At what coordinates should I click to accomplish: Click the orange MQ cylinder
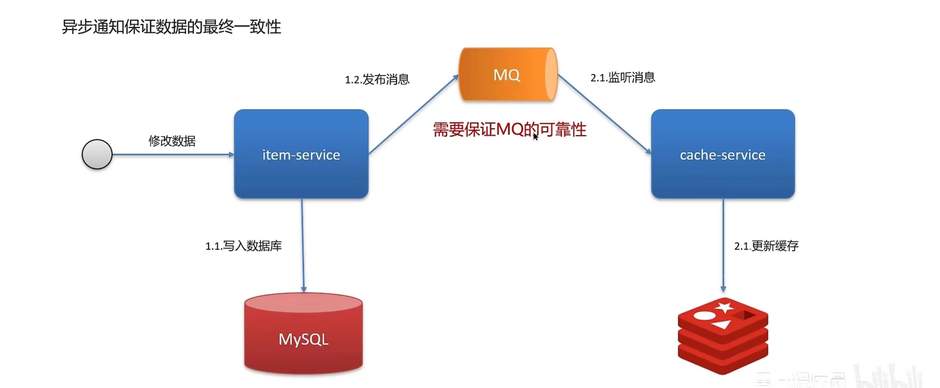pos(508,75)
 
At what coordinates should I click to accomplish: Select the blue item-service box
pos(301,154)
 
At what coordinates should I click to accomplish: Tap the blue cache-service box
pos(723,154)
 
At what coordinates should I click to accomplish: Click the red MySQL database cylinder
pos(303,334)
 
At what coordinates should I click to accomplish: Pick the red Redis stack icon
pos(723,336)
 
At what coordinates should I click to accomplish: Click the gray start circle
pos(97,154)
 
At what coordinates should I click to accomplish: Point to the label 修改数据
pos(172,141)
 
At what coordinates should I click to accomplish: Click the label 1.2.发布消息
pos(377,79)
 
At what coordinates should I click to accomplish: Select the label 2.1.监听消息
pos(623,77)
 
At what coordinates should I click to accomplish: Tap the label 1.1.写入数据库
pos(243,246)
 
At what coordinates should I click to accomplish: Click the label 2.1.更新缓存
pos(766,246)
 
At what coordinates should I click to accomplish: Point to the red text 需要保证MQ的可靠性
pos(510,130)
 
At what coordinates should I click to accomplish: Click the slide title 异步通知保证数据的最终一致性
pos(171,27)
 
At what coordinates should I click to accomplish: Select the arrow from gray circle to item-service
pos(173,155)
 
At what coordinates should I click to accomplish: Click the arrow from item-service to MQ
pos(413,115)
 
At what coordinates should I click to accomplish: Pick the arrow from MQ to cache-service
pos(604,114)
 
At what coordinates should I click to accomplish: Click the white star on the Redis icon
pos(724,307)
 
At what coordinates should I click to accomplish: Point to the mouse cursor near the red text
pos(535,137)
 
